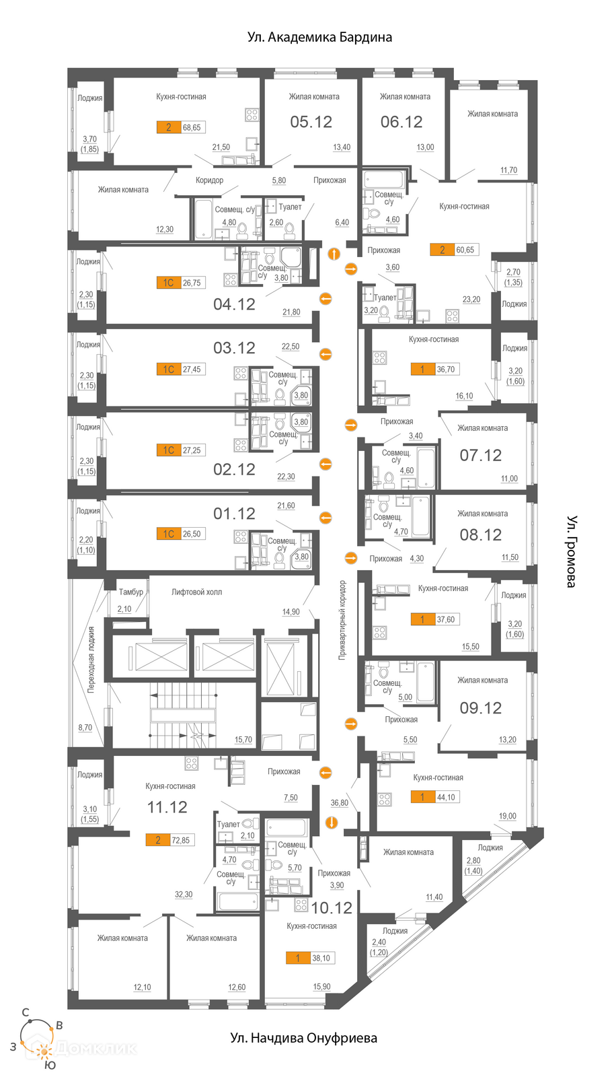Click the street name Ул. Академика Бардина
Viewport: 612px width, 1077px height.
point(319,37)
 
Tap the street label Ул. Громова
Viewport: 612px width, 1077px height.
point(571,551)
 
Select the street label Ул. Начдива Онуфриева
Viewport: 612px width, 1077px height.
point(303,1038)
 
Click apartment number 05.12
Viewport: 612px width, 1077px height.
point(311,122)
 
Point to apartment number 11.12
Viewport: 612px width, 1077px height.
point(167,807)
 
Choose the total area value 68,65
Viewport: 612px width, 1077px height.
point(192,127)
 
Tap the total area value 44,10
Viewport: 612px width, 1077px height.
point(446,797)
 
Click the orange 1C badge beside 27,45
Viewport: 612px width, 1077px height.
point(168,370)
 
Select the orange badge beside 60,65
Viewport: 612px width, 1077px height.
point(442,250)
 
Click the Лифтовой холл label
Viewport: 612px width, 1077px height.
point(196,592)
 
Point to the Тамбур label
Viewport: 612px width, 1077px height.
point(130,592)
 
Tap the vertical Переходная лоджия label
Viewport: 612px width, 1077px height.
point(91,659)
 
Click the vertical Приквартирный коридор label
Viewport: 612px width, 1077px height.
point(342,620)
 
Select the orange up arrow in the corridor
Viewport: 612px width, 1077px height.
point(334,253)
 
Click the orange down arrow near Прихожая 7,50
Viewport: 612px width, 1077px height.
point(331,823)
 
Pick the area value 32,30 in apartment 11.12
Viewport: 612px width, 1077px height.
point(184,895)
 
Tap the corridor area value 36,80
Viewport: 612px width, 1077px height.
point(339,802)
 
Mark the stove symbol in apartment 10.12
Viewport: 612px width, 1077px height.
point(301,905)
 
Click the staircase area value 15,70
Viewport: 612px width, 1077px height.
point(243,740)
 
